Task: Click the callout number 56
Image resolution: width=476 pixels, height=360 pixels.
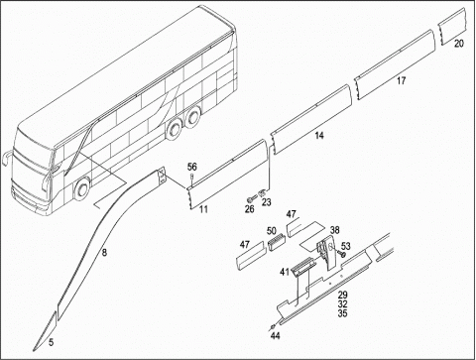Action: (x=191, y=167)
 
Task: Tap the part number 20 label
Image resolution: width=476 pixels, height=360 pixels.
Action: (x=459, y=44)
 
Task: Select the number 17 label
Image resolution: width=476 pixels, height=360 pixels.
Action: (x=401, y=80)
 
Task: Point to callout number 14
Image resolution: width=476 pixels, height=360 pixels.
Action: (x=319, y=135)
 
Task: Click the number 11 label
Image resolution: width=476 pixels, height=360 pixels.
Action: (x=203, y=209)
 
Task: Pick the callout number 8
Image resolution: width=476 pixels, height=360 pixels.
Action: (x=104, y=253)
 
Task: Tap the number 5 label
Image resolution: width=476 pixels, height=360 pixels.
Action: (x=51, y=342)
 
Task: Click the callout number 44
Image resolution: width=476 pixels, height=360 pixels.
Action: (x=275, y=336)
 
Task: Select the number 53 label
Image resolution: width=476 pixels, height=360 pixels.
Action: (x=346, y=246)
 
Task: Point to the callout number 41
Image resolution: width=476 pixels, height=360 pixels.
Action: (x=285, y=272)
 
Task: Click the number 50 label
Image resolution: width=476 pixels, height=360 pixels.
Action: (x=272, y=230)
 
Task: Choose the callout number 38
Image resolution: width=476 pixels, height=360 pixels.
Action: (x=335, y=230)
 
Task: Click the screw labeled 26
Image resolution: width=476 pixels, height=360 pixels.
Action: (x=252, y=199)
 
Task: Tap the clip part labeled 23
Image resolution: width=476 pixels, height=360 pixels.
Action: (x=262, y=192)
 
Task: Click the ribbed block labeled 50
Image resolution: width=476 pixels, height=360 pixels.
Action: (x=276, y=242)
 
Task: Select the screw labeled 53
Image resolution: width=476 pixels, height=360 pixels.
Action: (x=341, y=254)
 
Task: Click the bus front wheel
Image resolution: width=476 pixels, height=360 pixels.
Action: (x=81, y=189)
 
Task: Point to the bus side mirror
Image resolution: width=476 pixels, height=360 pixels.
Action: (x=6, y=158)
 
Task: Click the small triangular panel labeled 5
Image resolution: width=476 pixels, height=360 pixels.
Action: (x=45, y=331)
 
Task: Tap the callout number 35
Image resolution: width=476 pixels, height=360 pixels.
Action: (x=342, y=313)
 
